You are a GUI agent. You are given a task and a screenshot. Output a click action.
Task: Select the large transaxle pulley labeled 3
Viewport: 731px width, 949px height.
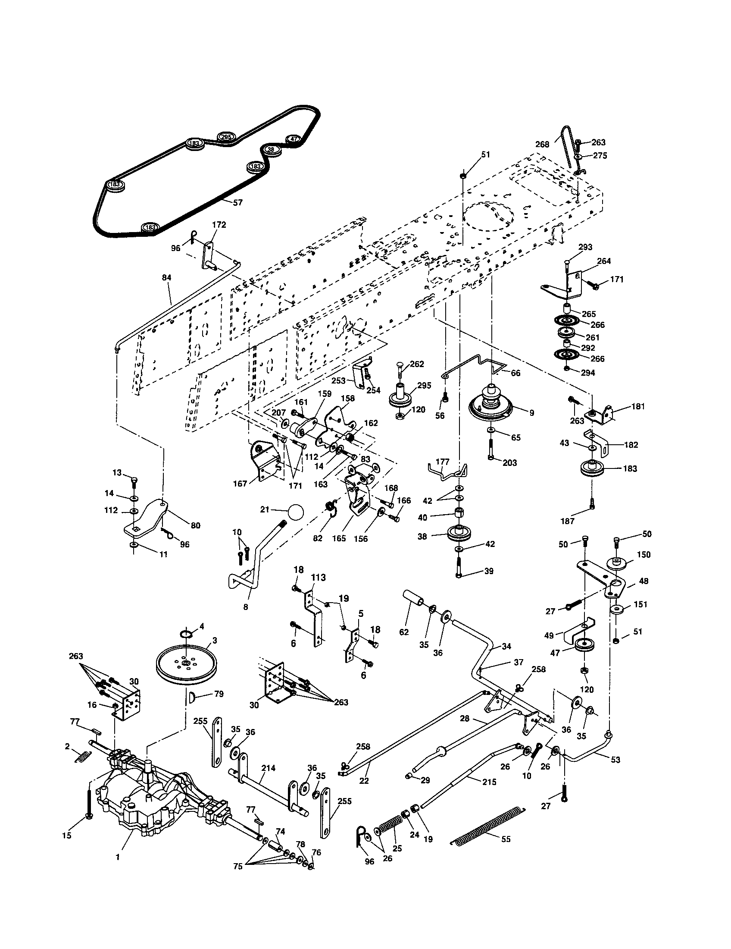pyautogui.click(x=185, y=665)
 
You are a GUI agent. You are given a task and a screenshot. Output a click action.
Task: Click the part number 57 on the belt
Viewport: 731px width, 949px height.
pyautogui.click(x=237, y=202)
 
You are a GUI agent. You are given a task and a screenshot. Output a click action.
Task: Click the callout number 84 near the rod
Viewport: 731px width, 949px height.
pyautogui.click(x=167, y=277)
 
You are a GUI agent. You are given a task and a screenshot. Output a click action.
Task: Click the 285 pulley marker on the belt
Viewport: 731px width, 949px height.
pyautogui.click(x=226, y=137)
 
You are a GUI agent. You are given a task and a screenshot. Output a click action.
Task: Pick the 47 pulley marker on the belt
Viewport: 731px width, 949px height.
pyautogui.click(x=294, y=139)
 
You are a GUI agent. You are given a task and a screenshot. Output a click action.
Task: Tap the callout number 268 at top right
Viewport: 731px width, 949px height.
pyautogui.click(x=542, y=144)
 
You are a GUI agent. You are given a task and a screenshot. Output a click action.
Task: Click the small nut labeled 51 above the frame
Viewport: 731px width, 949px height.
pyautogui.click(x=463, y=175)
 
